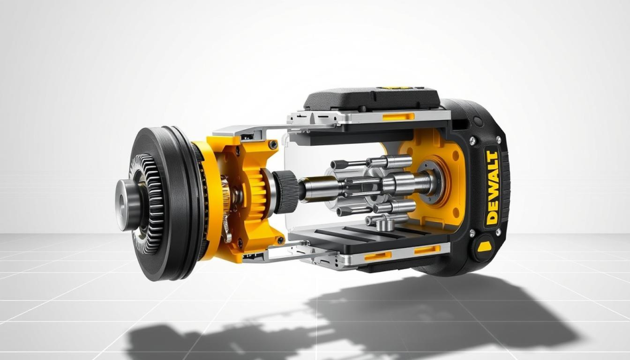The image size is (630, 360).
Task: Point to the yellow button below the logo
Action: pyautogui.click(x=482, y=247)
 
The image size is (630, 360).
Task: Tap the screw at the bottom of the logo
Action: pyautogui.click(x=472, y=233)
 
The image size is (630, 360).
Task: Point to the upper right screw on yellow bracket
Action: pyautogui.click(x=272, y=145)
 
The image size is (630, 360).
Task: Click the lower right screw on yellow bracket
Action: pyautogui.click(x=279, y=239)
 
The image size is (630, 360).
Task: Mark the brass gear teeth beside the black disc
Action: pyautogui.click(x=226, y=203)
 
